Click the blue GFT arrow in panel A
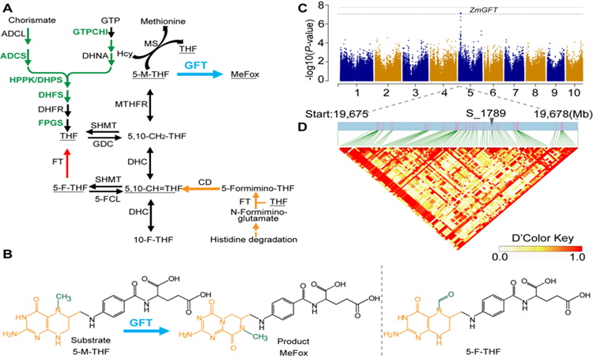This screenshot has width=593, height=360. (x=202, y=73)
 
